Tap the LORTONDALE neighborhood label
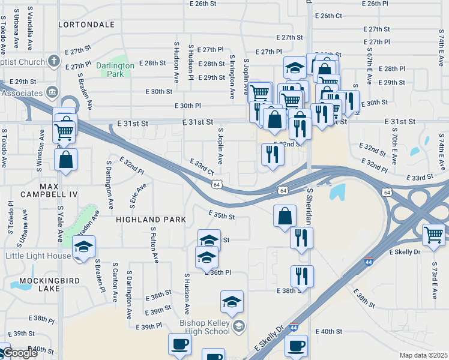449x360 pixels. coord(86,25)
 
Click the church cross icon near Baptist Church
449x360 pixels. coord(54,62)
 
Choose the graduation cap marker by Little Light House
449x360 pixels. coord(84,246)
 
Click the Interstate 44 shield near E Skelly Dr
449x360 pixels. coord(368,262)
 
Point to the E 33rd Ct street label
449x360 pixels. coord(201,167)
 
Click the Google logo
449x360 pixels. coord(20,353)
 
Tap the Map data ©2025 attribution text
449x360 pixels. coord(423,355)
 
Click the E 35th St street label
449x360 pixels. coord(221,214)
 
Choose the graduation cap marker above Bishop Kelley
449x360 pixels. coord(232,302)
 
